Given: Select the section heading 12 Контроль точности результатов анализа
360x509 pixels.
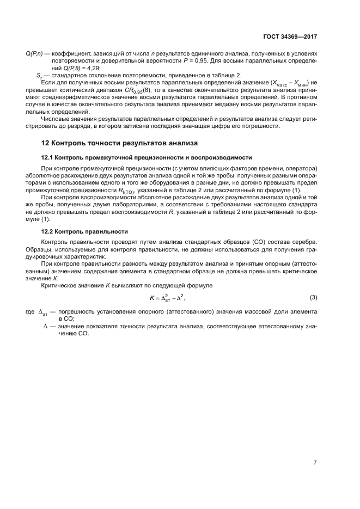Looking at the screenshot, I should [x=119, y=143].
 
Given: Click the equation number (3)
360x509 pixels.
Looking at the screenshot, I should [x=313, y=297].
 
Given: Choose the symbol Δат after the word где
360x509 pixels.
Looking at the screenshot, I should [x=44, y=312].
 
